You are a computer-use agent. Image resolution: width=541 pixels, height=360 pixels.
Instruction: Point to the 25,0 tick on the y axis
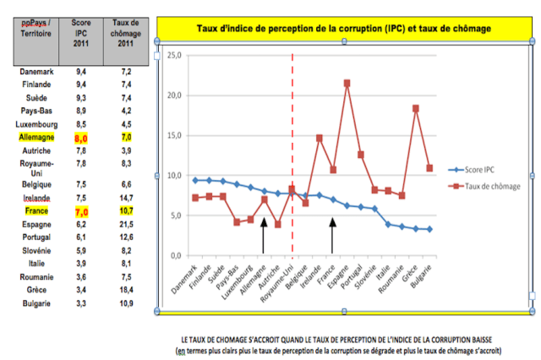(175, 55)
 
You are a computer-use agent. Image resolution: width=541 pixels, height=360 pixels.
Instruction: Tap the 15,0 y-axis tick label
(175, 135)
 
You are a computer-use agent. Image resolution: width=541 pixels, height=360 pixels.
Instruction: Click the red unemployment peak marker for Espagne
(347, 83)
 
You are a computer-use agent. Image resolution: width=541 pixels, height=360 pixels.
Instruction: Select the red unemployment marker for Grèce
(415, 108)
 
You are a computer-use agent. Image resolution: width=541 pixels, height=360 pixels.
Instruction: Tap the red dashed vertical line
(292, 127)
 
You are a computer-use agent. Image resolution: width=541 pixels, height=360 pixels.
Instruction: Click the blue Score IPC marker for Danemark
(195, 180)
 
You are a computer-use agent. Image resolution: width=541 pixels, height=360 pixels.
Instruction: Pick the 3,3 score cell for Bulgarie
(81, 303)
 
